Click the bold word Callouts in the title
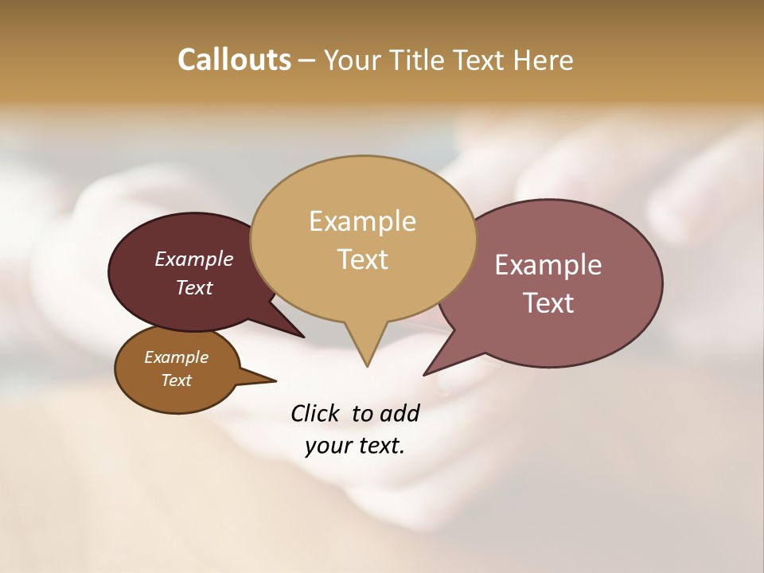[x=234, y=60]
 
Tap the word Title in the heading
[x=419, y=60]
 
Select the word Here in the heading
[x=544, y=60]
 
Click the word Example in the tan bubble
[x=362, y=221]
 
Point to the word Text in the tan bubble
[x=362, y=259]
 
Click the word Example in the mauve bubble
[x=548, y=265]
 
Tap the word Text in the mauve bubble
[x=548, y=303]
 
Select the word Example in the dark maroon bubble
[x=194, y=259]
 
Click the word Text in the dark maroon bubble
[x=194, y=287]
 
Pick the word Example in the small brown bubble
[x=176, y=357]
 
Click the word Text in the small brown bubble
[x=176, y=380]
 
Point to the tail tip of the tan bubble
[x=367, y=364]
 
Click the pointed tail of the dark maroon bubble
[x=301, y=335]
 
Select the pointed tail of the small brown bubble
[x=272, y=380]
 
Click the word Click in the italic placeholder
[x=315, y=413]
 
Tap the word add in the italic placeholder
[x=399, y=413]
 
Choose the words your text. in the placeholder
[x=355, y=446]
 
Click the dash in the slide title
[x=307, y=60]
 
